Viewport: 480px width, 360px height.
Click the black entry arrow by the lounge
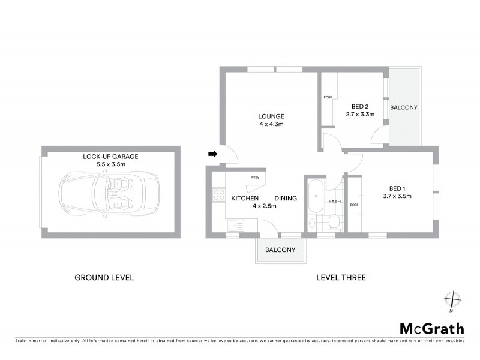click(x=212, y=154)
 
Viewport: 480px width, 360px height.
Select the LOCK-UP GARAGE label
click(x=110, y=157)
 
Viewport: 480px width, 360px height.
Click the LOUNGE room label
click(x=271, y=116)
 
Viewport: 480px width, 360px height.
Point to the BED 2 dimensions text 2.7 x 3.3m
click(x=360, y=113)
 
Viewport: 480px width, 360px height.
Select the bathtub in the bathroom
click(x=314, y=199)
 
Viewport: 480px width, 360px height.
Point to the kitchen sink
click(x=234, y=226)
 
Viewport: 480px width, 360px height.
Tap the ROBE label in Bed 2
click(x=328, y=97)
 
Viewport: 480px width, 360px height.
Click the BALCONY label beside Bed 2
click(x=404, y=107)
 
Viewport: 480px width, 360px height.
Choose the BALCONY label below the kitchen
click(x=280, y=251)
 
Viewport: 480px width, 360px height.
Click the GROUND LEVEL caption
click(x=104, y=278)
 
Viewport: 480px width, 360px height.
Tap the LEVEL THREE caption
click(x=341, y=278)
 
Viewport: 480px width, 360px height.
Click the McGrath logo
click(x=432, y=328)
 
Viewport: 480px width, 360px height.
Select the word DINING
click(x=286, y=198)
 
